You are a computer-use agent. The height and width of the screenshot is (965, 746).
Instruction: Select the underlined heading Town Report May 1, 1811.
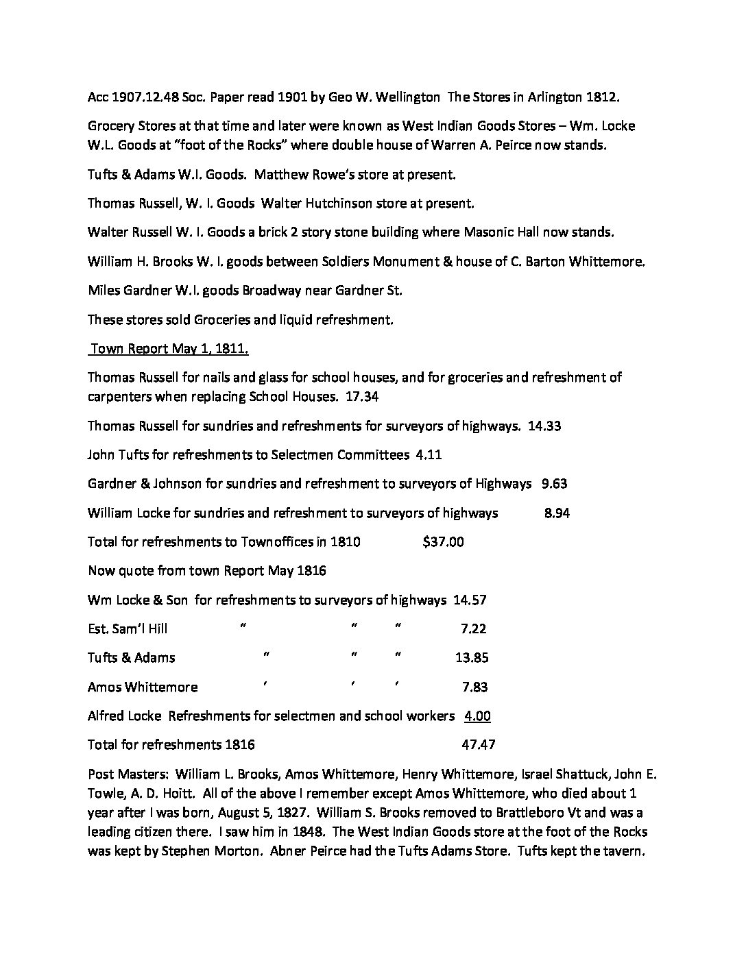(x=169, y=349)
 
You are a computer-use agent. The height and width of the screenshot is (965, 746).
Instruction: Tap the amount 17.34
(x=362, y=397)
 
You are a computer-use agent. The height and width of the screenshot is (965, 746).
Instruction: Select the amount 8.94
(x=556, y=513)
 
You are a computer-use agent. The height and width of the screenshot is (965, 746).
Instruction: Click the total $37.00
(x=443, y=541)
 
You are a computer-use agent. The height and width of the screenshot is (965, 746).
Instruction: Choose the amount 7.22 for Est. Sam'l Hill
(x=472, y=628)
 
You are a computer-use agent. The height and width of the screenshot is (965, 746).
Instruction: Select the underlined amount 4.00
(x=477, y=716)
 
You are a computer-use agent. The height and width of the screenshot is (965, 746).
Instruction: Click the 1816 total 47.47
(x=479, y=745)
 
